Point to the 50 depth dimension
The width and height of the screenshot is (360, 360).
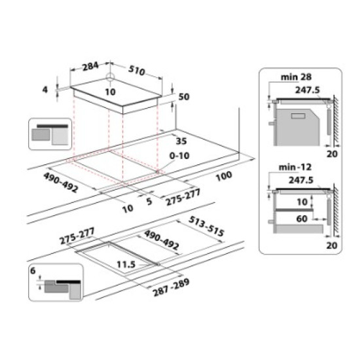(183, 97)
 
